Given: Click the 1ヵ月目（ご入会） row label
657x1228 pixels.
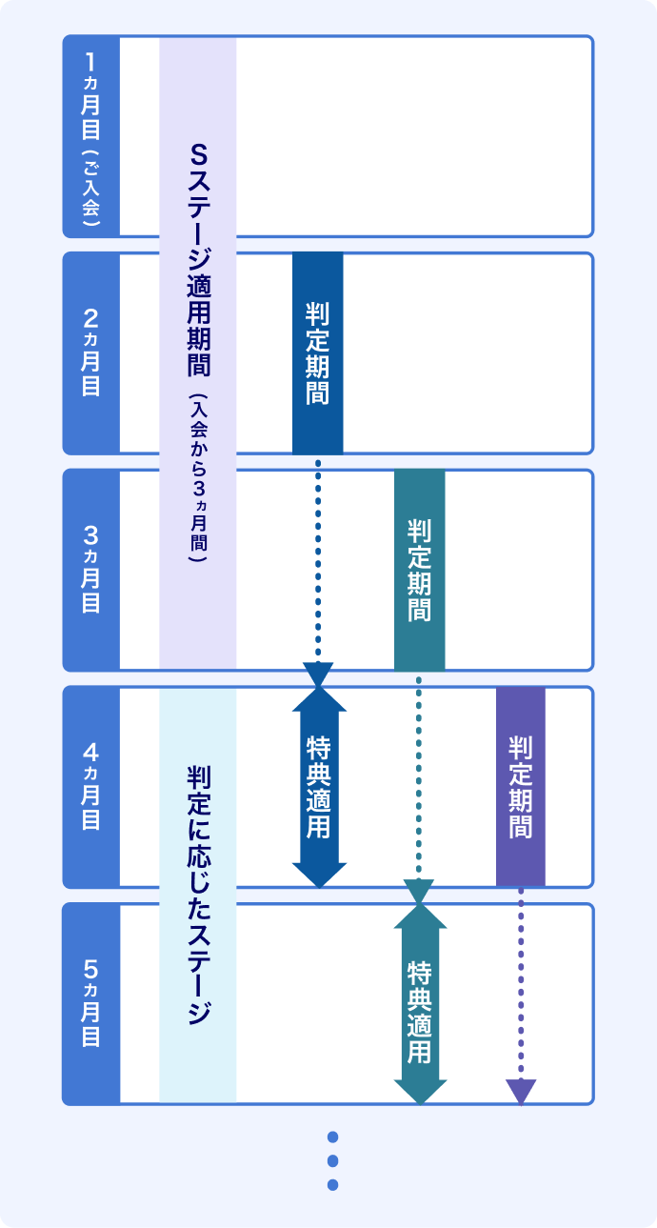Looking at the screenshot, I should (x=91, y=136).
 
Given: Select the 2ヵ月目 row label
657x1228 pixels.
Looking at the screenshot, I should (x=91, y=352).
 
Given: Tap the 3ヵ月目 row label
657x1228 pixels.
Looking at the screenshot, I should (x=91, y=570).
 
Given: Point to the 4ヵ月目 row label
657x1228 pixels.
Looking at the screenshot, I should (x=91, y=786).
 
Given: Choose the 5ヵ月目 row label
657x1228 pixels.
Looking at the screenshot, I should (x=91, y=1003).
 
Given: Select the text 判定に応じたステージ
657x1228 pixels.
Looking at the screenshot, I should (x=198, y=891).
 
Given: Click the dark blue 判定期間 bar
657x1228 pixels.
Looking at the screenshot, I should (x=317, y=353).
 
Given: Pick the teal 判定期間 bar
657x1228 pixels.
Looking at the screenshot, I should (x=419, y=570).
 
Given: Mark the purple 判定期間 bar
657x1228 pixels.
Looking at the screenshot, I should (x=521, y=786).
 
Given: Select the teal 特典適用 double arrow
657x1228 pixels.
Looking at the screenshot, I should (x=420, y=1004).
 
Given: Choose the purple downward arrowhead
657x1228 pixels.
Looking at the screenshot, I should (x=521, y=1092).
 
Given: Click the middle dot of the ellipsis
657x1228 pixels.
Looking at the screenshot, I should (x=332, y=1160).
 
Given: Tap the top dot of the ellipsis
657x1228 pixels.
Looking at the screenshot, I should (x=332, y=1137).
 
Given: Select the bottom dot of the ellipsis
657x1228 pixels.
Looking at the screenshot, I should (x=332, y=1185).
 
